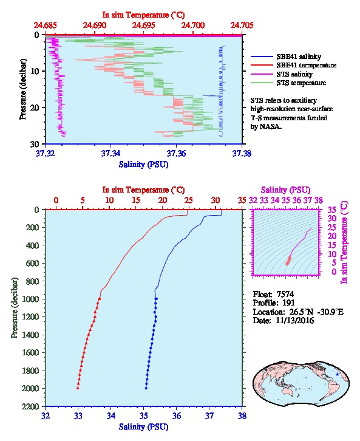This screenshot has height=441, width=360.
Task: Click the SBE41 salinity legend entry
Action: click(286, 56)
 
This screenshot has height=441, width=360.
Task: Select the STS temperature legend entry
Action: click(288, 83)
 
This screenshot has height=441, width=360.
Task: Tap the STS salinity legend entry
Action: click(282, 74)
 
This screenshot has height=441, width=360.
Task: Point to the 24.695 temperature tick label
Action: click(144, 26)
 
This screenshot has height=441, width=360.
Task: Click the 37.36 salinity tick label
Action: click(176, 153)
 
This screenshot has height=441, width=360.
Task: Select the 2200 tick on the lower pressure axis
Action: click(30, 406)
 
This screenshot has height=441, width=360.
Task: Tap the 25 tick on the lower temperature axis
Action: click(189, 200)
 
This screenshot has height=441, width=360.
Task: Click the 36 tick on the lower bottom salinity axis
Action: click(177, 415)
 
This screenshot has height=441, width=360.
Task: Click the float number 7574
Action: click(285, 294)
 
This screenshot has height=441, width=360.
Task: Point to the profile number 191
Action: click(288, 303)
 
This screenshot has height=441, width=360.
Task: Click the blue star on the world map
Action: click(338, 374)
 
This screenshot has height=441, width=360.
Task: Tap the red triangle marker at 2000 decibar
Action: click(78, 388)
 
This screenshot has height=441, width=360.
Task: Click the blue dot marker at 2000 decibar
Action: click(146, 388)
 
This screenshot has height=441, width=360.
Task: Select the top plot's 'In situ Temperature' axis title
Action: click(143, 15)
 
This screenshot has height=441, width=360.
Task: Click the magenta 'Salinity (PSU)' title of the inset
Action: click(285, 190)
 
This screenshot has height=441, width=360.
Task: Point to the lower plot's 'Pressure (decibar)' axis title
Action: click(15, 308)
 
